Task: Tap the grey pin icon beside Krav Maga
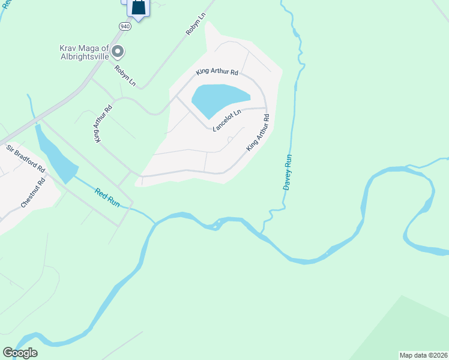118,52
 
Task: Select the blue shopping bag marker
138,8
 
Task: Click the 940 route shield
124,26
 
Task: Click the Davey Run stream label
287,172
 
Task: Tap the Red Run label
107,197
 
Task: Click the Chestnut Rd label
33,192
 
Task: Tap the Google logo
20,353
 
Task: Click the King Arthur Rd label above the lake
217,72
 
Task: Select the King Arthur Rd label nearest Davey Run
257,137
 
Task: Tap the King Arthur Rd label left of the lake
103,125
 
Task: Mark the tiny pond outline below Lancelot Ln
231,139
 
